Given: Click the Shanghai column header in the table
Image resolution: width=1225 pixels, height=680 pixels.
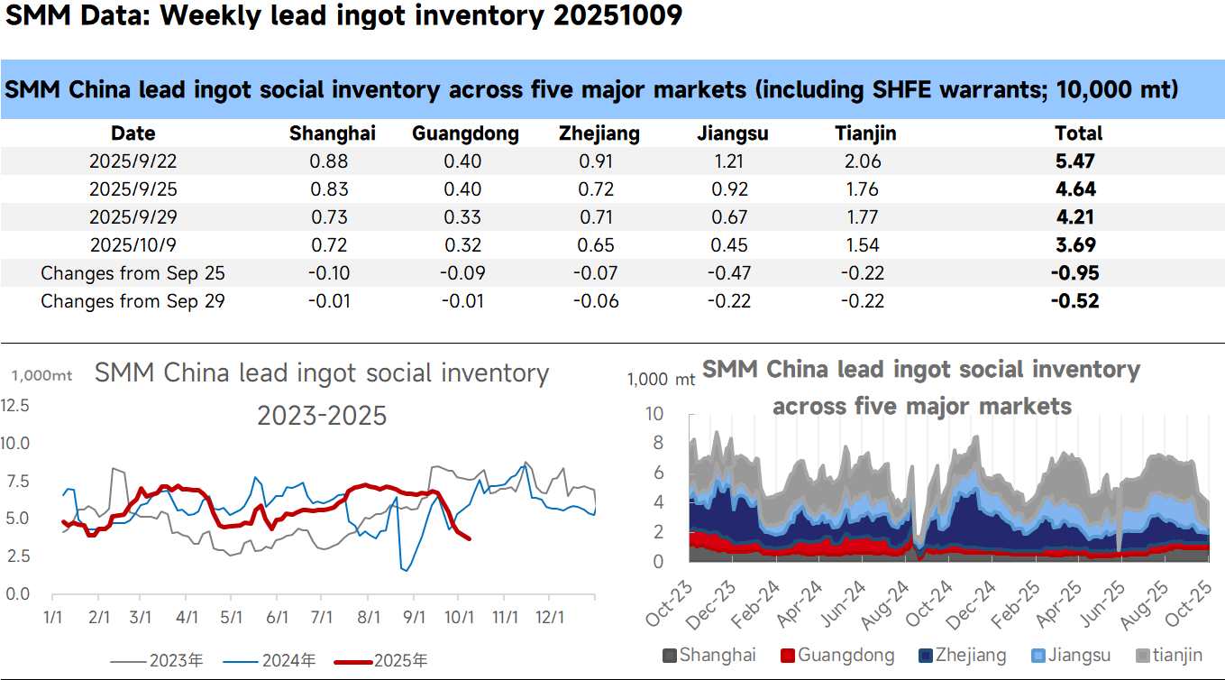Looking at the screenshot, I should click(332, 134).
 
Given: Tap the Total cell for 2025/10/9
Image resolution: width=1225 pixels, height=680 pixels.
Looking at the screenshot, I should click(1078, 245).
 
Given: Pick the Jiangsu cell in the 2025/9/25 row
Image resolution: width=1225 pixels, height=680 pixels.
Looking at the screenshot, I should click(732, 190).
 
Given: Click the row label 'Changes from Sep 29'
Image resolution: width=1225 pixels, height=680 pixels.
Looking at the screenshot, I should click(133, 301).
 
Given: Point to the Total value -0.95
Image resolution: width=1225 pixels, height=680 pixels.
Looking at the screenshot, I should click(1076, 273).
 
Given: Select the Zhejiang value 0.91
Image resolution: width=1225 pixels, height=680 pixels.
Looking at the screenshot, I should click(599, 162).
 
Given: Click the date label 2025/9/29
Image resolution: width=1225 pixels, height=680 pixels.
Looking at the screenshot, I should click(133, 217).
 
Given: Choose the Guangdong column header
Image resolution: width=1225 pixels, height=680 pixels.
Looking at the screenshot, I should click(465, 134).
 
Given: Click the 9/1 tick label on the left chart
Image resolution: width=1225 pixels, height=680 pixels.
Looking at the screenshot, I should click(414, 618).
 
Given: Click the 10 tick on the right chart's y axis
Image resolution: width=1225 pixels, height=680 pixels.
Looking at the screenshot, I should click(655, 414).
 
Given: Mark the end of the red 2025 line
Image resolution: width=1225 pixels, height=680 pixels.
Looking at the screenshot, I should click(469, 538).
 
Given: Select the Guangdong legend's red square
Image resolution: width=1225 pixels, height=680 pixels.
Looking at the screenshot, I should click(787, 657).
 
